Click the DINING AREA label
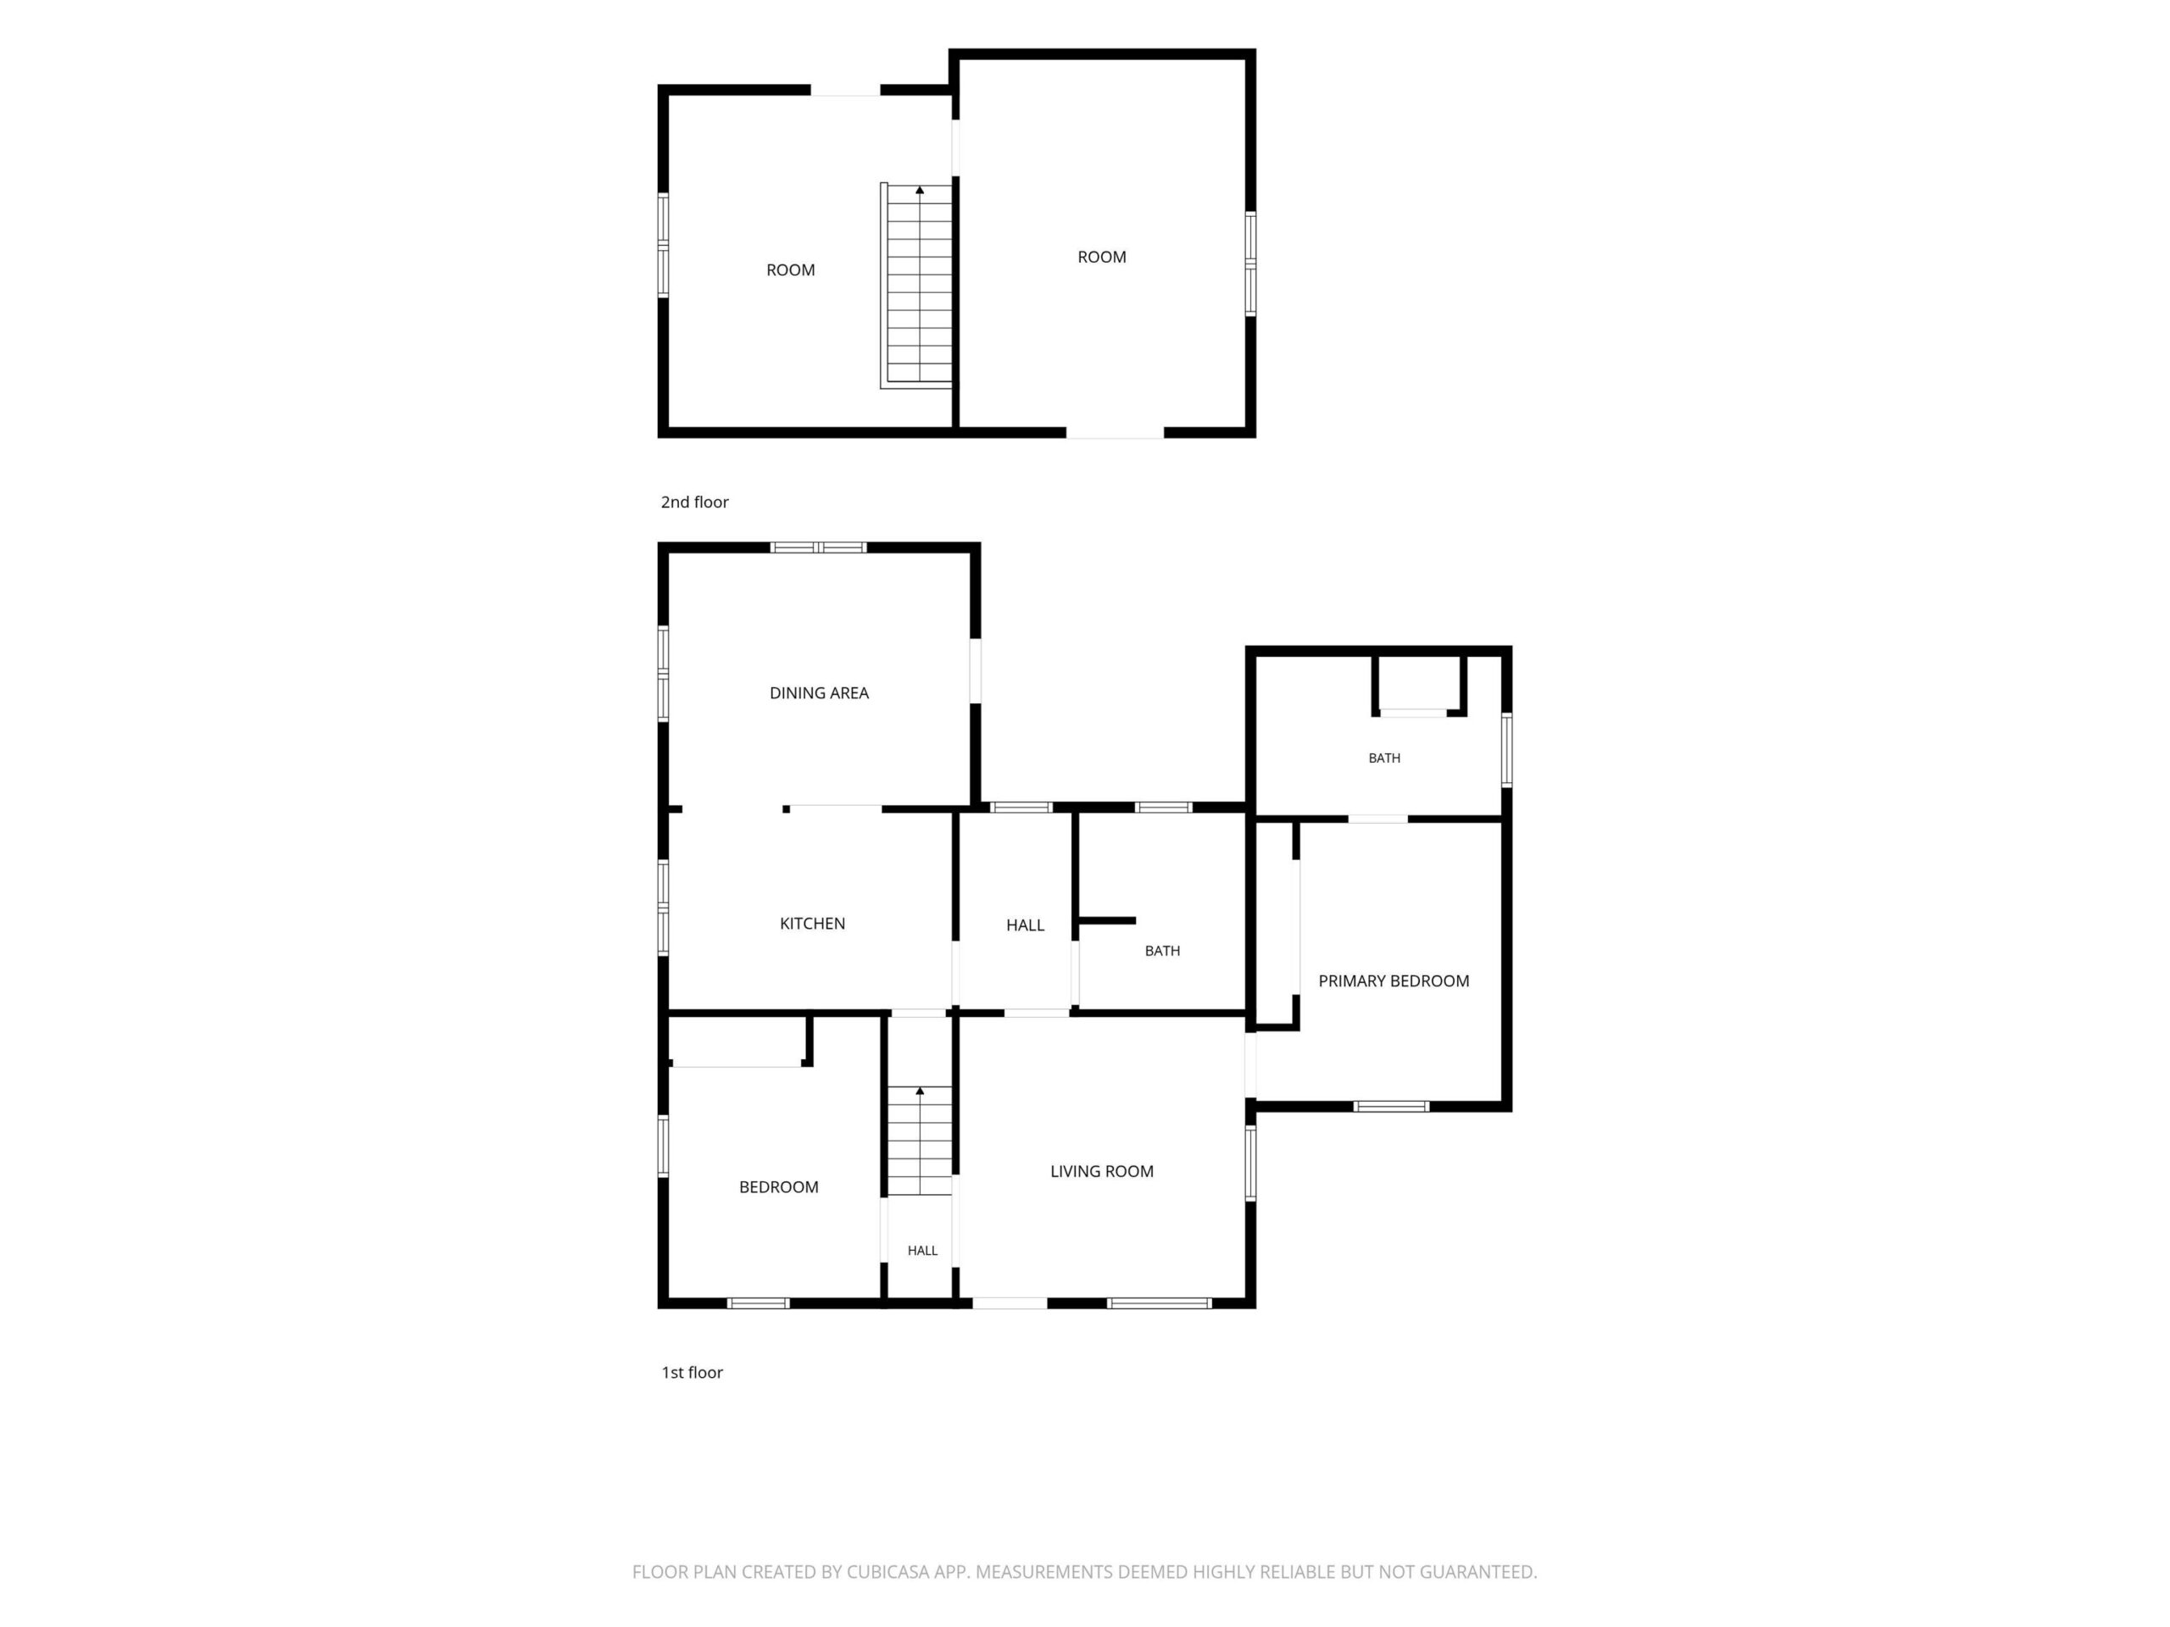(x=819, y=693)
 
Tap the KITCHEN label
(x=812, y=924)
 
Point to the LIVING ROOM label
(x=1102, y=1171)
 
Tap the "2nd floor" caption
(x=694, y=503)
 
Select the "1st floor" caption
(x=692, y=1372)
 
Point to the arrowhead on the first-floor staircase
(x=919, y=1091)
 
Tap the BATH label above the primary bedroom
(x=1384, y=758)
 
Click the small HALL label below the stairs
(x=922, y=1251)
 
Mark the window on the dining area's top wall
(x=818, y=547)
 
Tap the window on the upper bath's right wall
(x=1507, y=750)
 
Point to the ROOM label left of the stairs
(x=791, y=270)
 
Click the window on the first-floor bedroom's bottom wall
(x=759, y=1303)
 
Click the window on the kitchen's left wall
(x=663, y=908)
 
